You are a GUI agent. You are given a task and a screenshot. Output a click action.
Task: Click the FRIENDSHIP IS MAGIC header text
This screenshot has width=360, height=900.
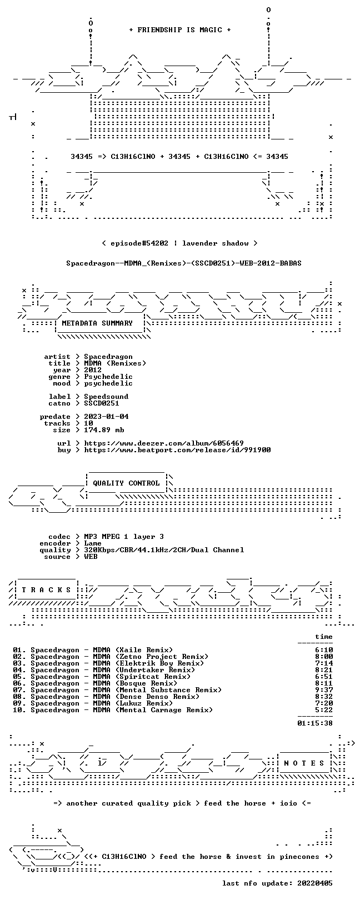click(x=180, y=30)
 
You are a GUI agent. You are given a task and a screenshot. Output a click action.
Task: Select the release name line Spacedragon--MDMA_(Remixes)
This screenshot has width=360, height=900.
click(x=184, y=263)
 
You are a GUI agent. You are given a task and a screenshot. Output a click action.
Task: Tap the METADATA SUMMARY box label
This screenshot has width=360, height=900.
click(x=97, y=323)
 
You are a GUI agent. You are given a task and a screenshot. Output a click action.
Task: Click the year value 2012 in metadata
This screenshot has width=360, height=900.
click(x=93, y=369)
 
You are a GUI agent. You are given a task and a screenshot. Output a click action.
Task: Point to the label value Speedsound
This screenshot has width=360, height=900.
click(x=106, y=397)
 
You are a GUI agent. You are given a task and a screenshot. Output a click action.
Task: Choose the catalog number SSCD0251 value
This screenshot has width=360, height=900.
click(x=102, y=403)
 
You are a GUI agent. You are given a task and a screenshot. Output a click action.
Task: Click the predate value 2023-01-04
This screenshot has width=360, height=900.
click(x=106, y=416)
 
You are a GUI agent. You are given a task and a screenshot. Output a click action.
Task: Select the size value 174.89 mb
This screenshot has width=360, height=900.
click(x=104, y=430)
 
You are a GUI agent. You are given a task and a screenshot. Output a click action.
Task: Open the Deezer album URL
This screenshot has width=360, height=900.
click(x=164, y=443)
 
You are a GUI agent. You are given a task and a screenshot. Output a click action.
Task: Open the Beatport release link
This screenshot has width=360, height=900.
click(x=177, y=450)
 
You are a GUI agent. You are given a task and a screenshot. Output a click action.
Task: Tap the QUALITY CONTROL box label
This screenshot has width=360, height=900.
click(x=126, y=483)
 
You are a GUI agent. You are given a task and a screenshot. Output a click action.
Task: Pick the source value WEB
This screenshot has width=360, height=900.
click(x=91, y=557)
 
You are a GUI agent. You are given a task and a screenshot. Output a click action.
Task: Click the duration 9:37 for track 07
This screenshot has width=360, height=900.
click(x=324, y=690)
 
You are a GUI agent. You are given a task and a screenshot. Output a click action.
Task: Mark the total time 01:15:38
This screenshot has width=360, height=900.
click(x=315, y=723)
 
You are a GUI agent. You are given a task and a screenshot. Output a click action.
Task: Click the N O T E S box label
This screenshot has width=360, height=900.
click(x=304, y=763)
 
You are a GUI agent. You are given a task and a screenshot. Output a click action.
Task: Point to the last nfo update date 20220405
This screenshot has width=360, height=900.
click(x=315, y=883)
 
